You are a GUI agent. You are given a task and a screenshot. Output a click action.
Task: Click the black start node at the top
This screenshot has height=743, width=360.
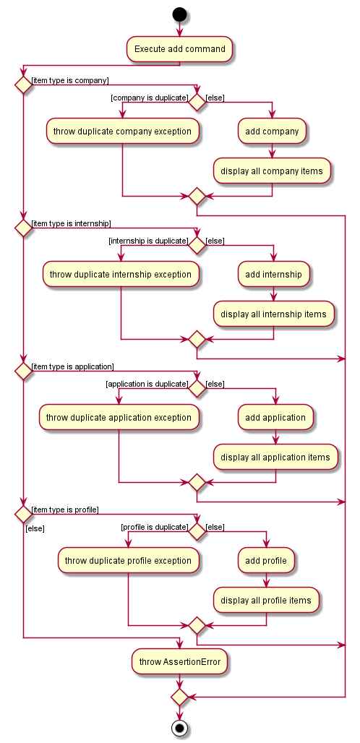tap(179, 14)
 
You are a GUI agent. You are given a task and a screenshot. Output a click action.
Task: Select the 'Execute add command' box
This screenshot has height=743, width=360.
tap(179, 49)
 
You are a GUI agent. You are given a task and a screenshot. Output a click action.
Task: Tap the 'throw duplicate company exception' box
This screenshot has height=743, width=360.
tap(122, 132)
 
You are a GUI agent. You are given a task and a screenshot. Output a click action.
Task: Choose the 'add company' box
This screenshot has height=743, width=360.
tap(272, 132)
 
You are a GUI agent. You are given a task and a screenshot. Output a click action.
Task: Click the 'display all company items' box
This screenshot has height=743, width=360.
tap(272, 171)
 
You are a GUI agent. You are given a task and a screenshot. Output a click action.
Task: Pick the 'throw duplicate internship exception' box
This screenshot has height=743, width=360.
tap(120, 275)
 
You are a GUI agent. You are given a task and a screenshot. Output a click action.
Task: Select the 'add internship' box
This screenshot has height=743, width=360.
tap(273, 275)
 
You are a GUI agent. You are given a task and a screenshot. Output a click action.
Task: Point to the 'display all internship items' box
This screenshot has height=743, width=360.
tap(273, 314)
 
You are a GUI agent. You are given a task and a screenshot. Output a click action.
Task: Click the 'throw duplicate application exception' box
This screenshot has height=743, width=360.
tap(119, 418)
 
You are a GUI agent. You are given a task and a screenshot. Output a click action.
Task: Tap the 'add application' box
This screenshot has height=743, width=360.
tap(275, 418)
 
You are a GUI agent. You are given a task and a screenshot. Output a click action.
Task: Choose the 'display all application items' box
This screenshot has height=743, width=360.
tap(275, 458)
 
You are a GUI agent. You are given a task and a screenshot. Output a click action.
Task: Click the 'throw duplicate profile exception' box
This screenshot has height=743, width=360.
tap(128, 561)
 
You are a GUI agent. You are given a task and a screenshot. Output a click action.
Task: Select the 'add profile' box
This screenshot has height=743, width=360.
tap(266, 561)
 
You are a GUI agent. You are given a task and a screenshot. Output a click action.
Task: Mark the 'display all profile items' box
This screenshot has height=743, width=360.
tap(266, 601)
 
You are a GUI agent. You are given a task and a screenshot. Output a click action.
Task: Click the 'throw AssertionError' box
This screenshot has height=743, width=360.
tap(179, 661)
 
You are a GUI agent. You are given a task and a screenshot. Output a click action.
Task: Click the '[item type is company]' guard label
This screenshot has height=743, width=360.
tap(70, 80)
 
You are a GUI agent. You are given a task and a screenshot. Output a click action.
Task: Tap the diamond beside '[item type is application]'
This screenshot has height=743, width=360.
tap(23, 371)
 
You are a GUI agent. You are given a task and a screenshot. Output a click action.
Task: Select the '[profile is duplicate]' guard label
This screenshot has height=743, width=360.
tap(155, 527)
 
